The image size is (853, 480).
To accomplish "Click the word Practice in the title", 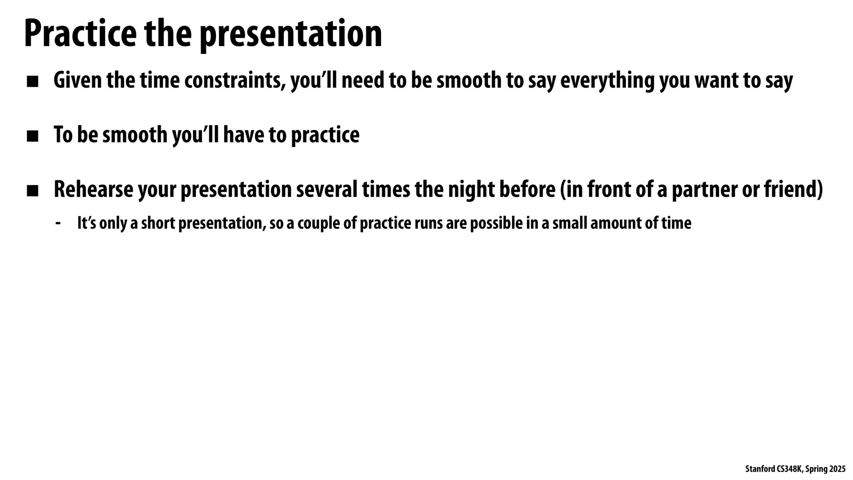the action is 80,34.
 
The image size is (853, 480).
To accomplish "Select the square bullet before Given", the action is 32,82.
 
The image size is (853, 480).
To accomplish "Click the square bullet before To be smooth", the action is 32,136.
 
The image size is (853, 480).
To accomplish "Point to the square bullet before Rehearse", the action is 32,191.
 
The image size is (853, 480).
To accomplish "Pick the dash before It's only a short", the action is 58,223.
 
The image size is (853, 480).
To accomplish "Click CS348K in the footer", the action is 786,469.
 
